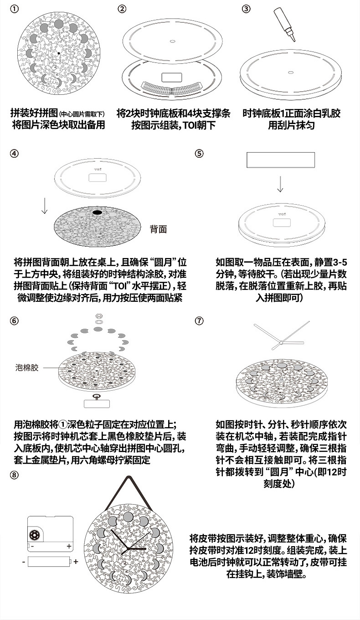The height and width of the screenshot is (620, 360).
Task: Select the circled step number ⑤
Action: pyautogui.click(x=199, y=153)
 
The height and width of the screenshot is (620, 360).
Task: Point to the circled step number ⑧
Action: pyautogui.click(x=15, y=475)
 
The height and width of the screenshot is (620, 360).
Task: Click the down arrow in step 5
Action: pyautogui.click(x=280, y=183)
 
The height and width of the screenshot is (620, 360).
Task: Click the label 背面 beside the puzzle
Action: pyautogui.click(x=158, y=228)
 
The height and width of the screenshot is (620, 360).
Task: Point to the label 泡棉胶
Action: pyautogui.click(x=27, y=367)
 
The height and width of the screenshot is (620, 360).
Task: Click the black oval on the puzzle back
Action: pyautogui.click(x=98, y=212)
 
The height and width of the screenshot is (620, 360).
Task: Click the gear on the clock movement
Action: pyautogui.click(x=33, y=535)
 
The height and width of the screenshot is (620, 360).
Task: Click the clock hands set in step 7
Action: pyautogui.click(x=282, y=338)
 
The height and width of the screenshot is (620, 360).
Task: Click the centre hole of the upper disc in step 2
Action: pyautogui.click(x=172, y=41)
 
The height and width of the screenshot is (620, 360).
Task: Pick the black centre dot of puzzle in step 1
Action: pyautogui.click(x=59, y=53)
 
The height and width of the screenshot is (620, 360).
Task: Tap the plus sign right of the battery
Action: pyautogui.click(x=76, y=562)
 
